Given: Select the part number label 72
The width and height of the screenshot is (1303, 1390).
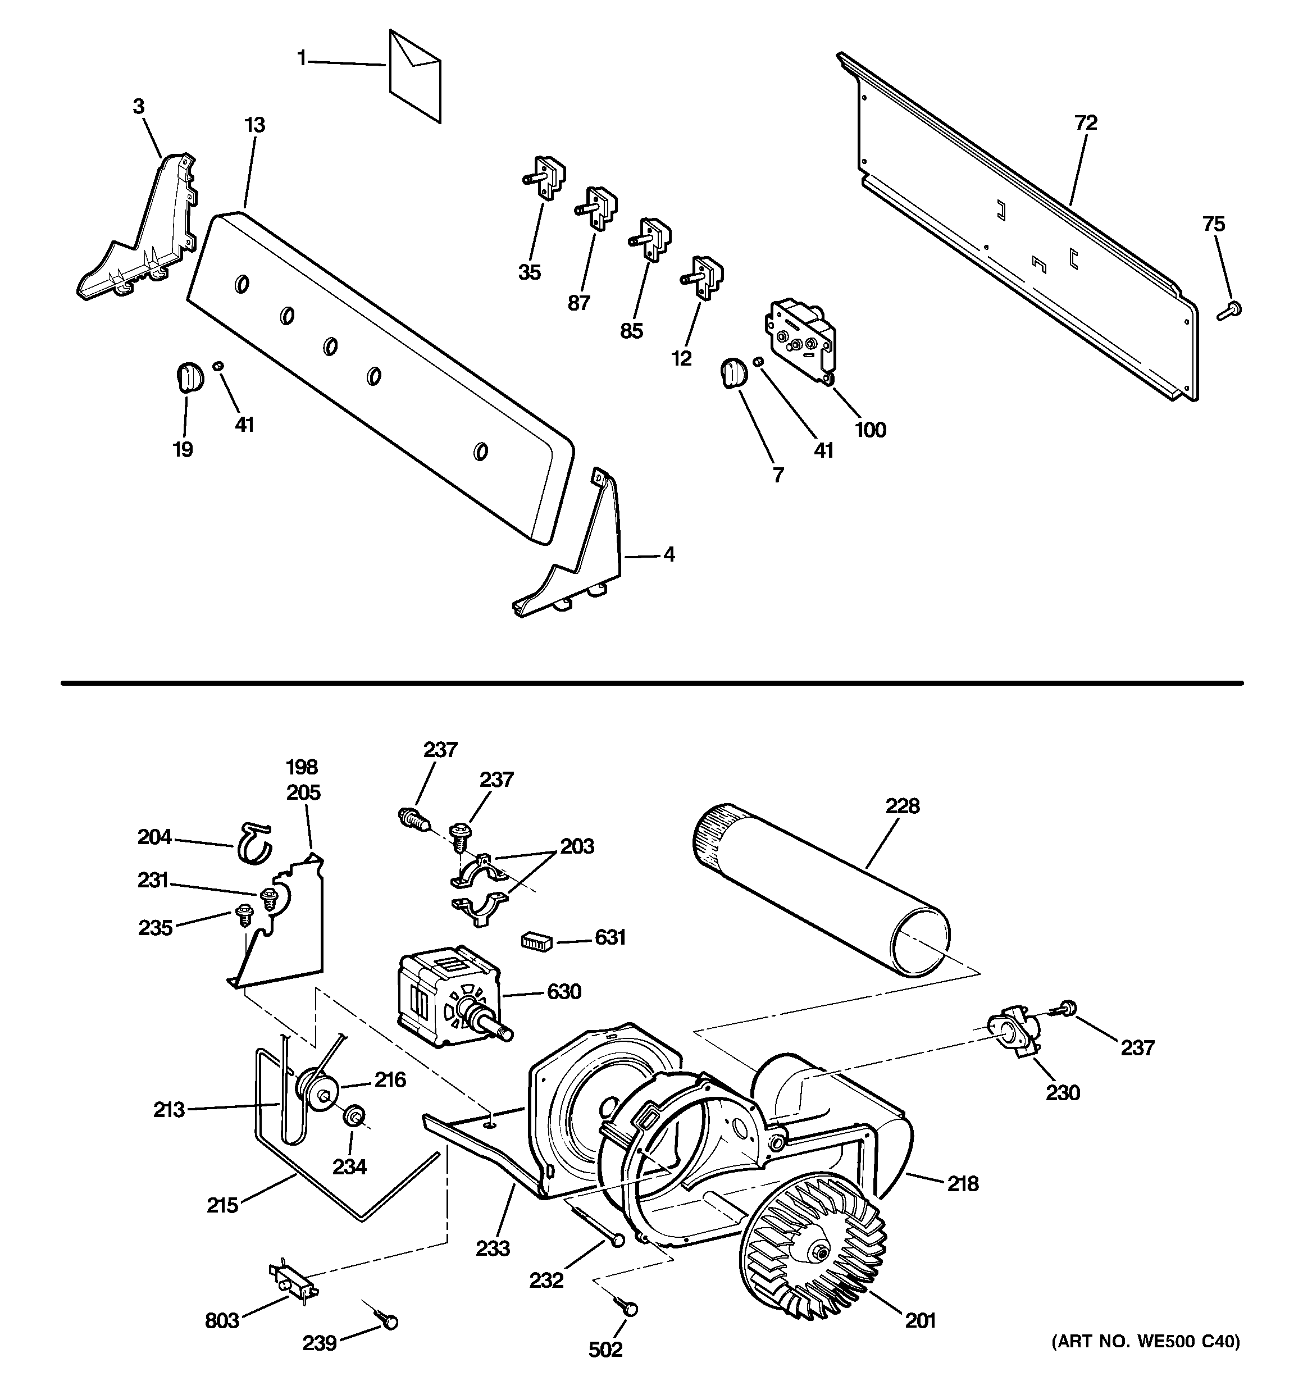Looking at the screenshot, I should pos(1086,123).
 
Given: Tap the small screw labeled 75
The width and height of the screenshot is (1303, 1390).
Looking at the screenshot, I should pos(1230,311).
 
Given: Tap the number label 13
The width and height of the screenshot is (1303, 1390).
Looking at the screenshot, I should pos(254,126).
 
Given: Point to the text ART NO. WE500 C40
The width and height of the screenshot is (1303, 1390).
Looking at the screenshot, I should pos(1146,1341).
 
